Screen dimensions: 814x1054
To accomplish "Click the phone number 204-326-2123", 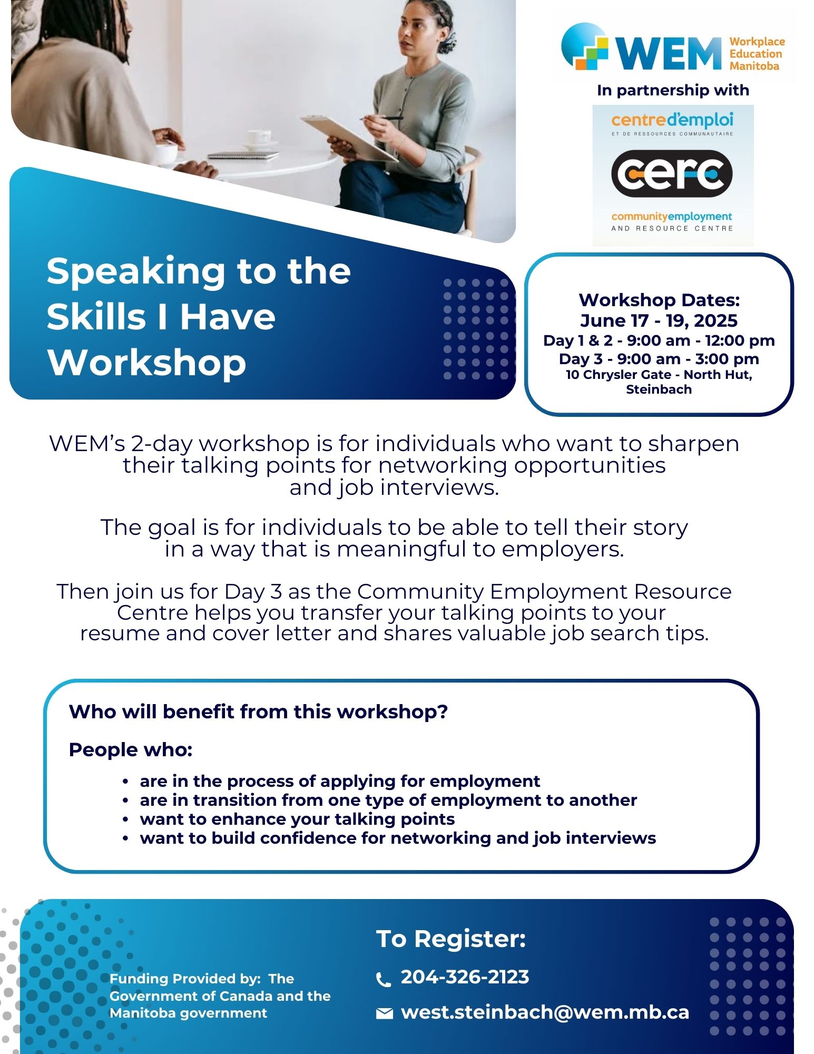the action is pos(465,977).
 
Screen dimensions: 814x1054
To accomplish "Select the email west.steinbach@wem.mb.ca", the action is pos(545,1012).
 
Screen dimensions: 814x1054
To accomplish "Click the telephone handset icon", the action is pos(384,979).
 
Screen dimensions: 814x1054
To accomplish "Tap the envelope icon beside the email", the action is pos(385,1013).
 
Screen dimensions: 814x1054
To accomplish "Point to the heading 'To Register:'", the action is pos(451,939).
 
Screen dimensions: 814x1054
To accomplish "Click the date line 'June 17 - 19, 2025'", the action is pos(659,320).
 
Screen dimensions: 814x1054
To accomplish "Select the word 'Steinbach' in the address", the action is pos(659,389).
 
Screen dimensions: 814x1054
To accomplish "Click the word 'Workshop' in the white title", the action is pos(147,363).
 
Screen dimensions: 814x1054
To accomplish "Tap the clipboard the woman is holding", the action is pos(350,138).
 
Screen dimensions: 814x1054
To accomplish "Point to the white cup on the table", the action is pos(259,136).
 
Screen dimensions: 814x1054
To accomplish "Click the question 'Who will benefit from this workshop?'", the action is pos(258,711).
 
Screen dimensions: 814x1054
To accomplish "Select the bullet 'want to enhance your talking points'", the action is pos(297,819).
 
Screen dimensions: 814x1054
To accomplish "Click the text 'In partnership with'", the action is pos(673,90).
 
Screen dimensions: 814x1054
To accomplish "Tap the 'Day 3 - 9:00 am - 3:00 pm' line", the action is pos(659,359).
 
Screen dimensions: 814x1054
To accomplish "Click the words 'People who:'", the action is pos(131,749).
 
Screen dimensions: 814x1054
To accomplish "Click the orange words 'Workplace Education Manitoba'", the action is pos(757,54).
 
